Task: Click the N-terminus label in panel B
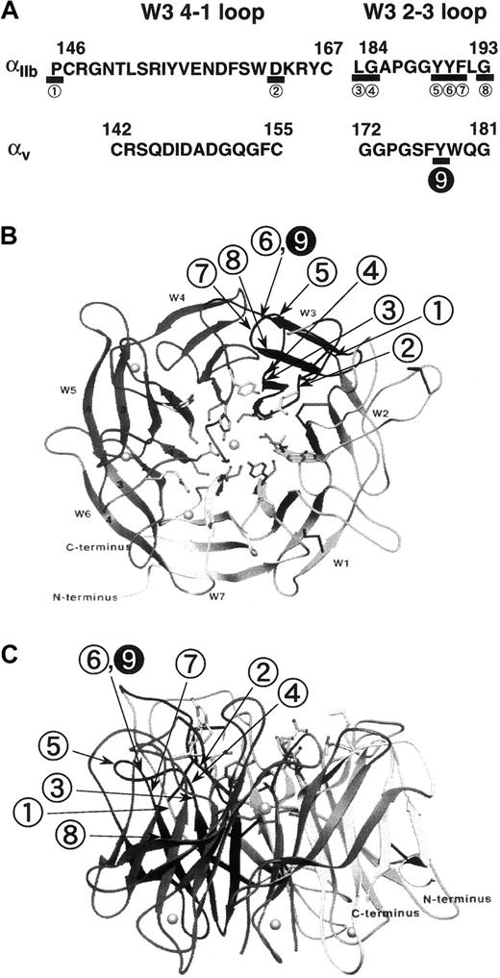84,597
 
